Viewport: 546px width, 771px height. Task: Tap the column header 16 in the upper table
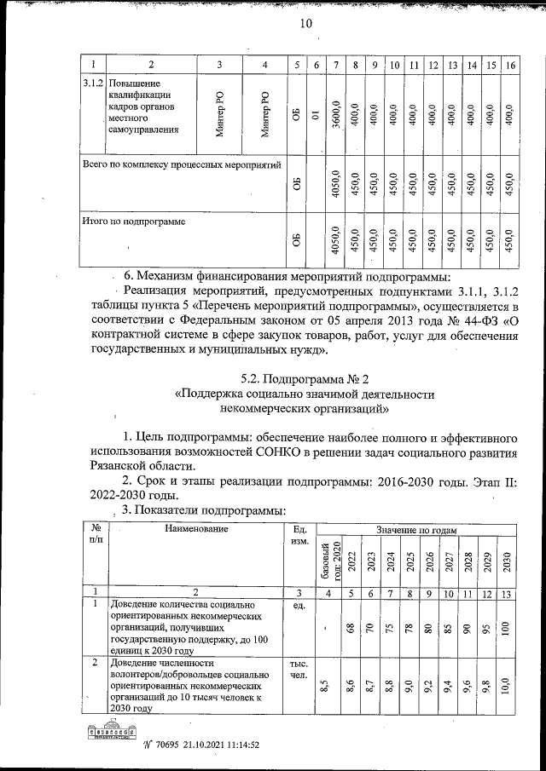[x=510, y=66]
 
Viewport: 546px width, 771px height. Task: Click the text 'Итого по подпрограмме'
[x=133, y=221]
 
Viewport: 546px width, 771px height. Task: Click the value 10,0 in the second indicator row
[x=508, y=684]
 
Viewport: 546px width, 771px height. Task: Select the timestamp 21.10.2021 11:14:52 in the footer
[x=213, y=744]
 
